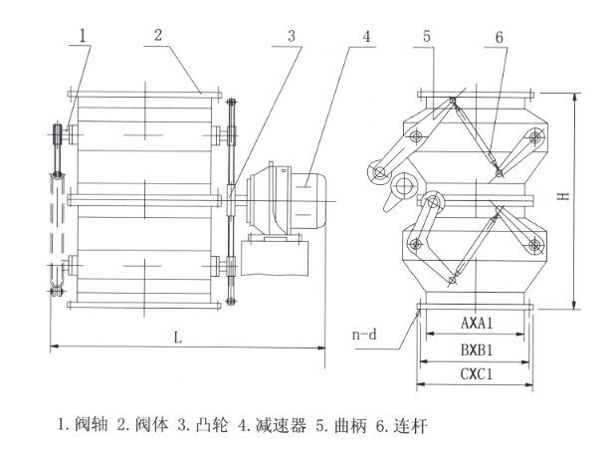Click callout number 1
(x=82, y=36)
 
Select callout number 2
(x=158, y=35)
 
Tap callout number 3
(x=292, y=36)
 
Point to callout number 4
(x=366, y=36)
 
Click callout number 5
(x=427, y=36)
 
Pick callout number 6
(x=500, y=38)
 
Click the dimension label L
(x=177, y=338)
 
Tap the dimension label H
(x=563, y=196)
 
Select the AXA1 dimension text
(x=477, y=323)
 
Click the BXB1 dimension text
(x=477, y=349)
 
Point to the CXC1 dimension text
(x=477, y=374)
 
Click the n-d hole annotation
(x=364, y=335)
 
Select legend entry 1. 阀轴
(x=83, y=424)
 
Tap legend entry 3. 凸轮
(x=203, y=424)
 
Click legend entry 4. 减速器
(x=272, y=425)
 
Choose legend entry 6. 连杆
(x=402, y=426)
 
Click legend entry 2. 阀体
(x=142, y=424)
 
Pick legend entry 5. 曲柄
(x=341, y=425)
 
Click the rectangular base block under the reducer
(x=275, y=258)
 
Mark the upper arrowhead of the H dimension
(x=575, y=98)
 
